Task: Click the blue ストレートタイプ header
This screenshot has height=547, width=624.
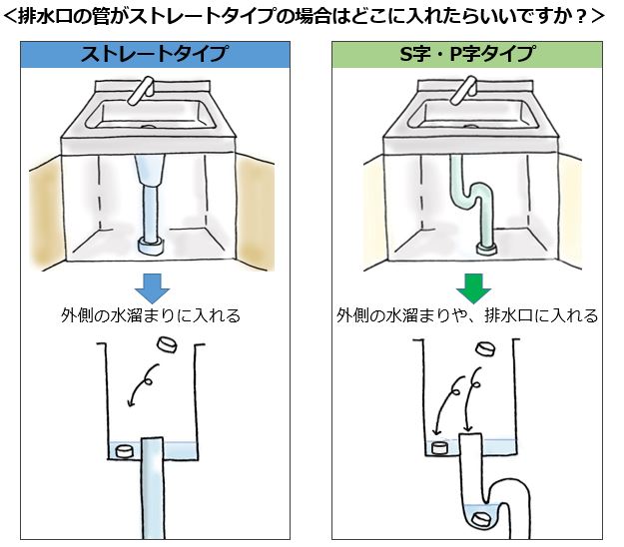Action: tap(155, 56)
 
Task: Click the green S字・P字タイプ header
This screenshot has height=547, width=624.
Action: tap(466, 56)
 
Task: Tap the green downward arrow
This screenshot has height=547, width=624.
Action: tap(467, 286)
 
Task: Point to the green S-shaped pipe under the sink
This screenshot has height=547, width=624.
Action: tap(469, 200)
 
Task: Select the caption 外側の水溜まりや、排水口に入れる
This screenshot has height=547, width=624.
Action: tap(467, 316)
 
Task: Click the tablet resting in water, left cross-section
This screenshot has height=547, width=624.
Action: tap(125, 451)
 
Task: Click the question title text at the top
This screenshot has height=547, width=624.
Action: tap(311, 16)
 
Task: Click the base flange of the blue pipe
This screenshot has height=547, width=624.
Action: tap(152, 243)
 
